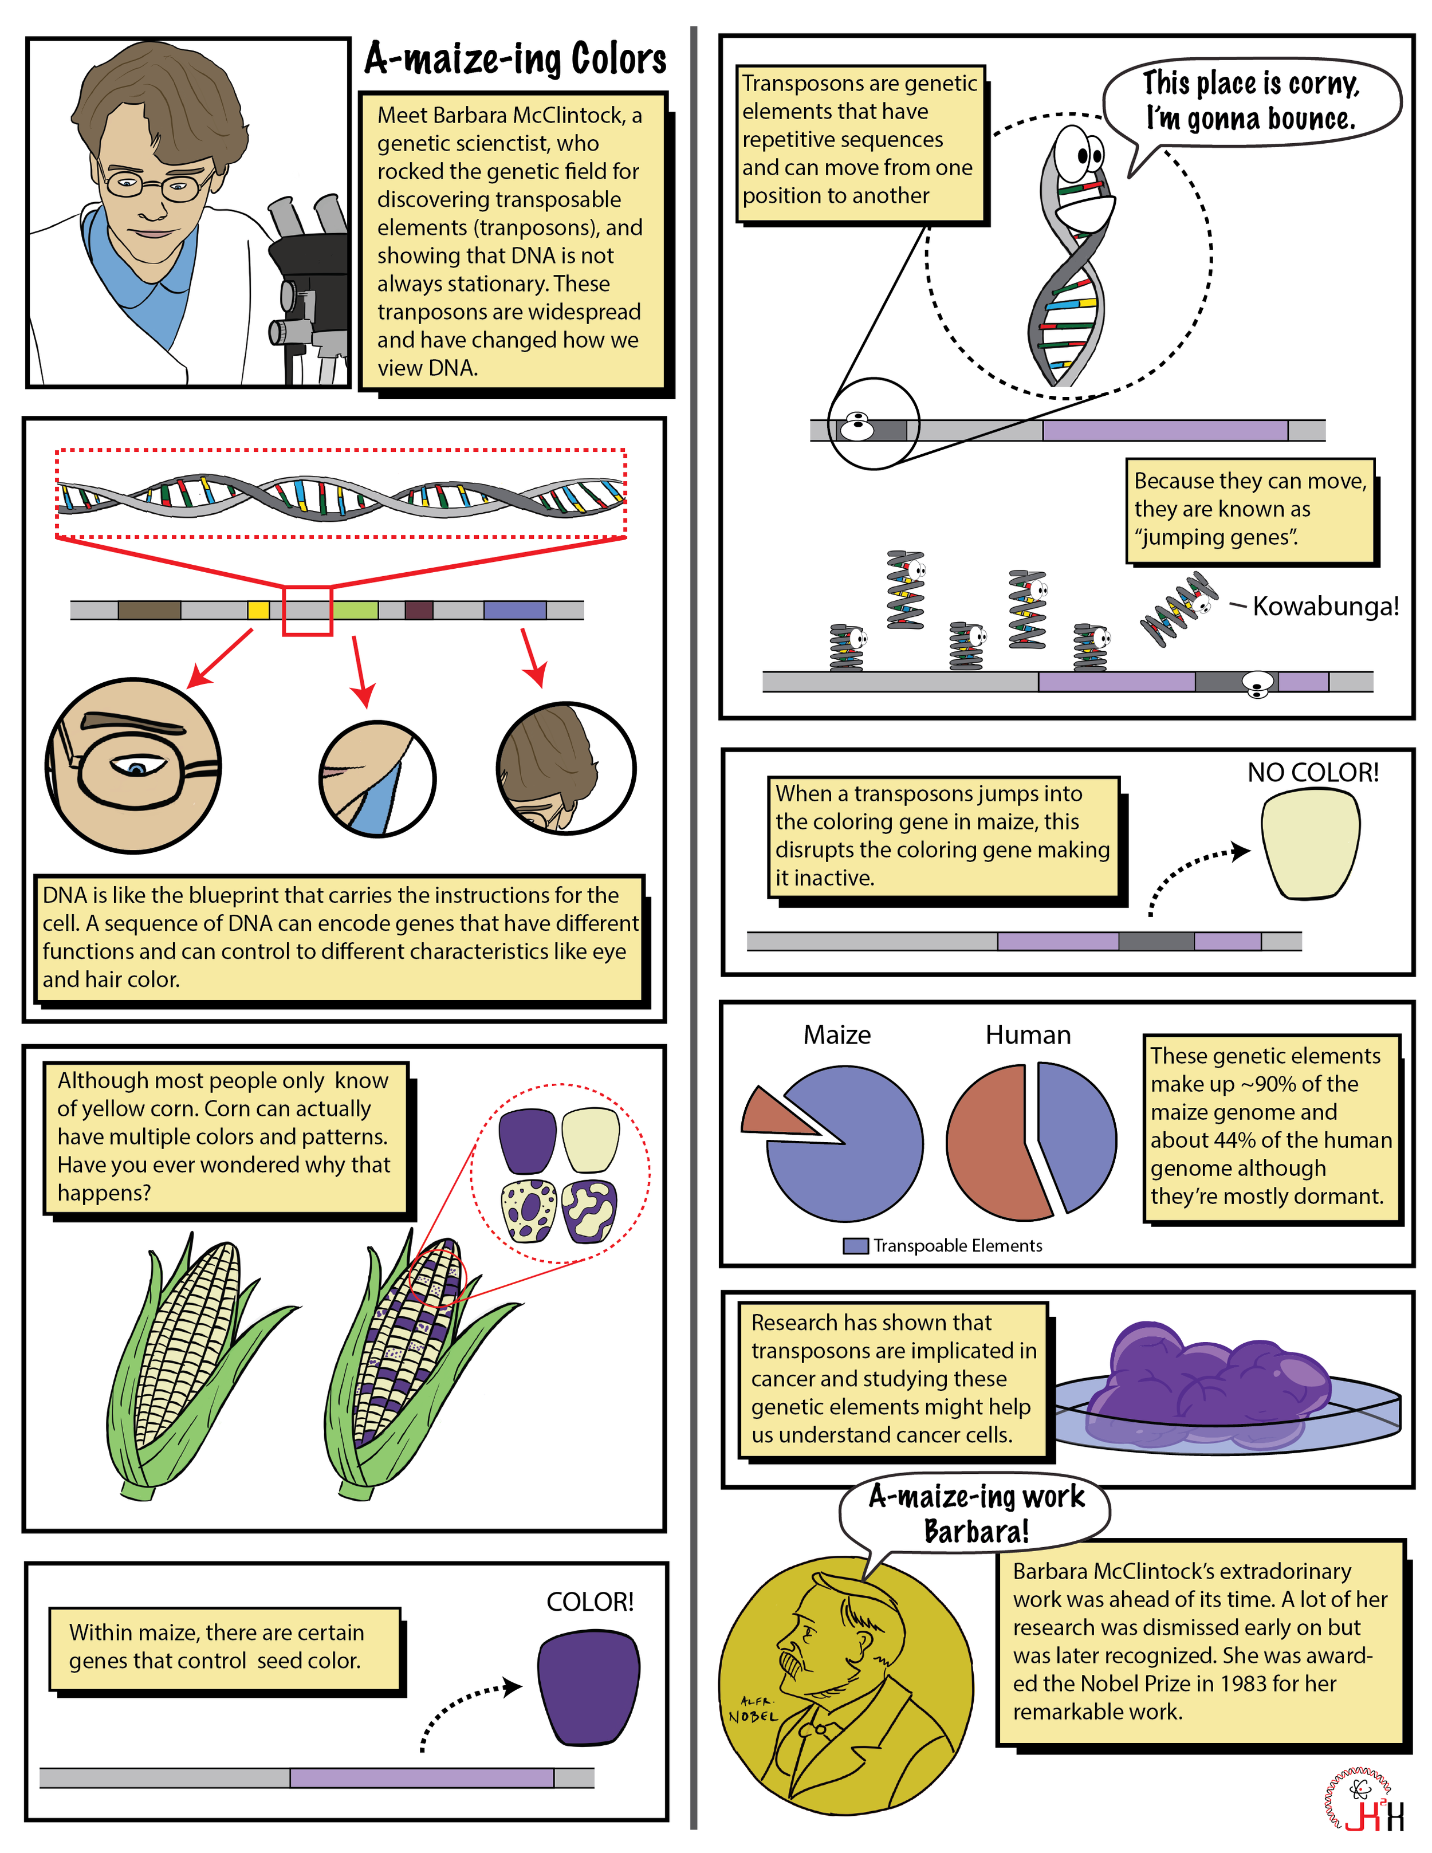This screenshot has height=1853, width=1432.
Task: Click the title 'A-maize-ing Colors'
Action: [x=515, y=60]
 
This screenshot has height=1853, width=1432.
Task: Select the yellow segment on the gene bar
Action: [x=258, y=610]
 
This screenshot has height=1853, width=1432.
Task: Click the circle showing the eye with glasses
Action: [x=134, y=765]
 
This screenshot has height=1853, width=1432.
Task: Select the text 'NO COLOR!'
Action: [x=1312, y=773]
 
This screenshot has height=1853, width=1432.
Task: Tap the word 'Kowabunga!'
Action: [x=1325, y=607]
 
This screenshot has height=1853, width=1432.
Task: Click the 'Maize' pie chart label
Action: [x=836, y=1035]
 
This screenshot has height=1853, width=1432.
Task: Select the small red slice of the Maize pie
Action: [x=773, y=1114]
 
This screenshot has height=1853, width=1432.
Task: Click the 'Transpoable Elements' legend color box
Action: [x=855, y=1245]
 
